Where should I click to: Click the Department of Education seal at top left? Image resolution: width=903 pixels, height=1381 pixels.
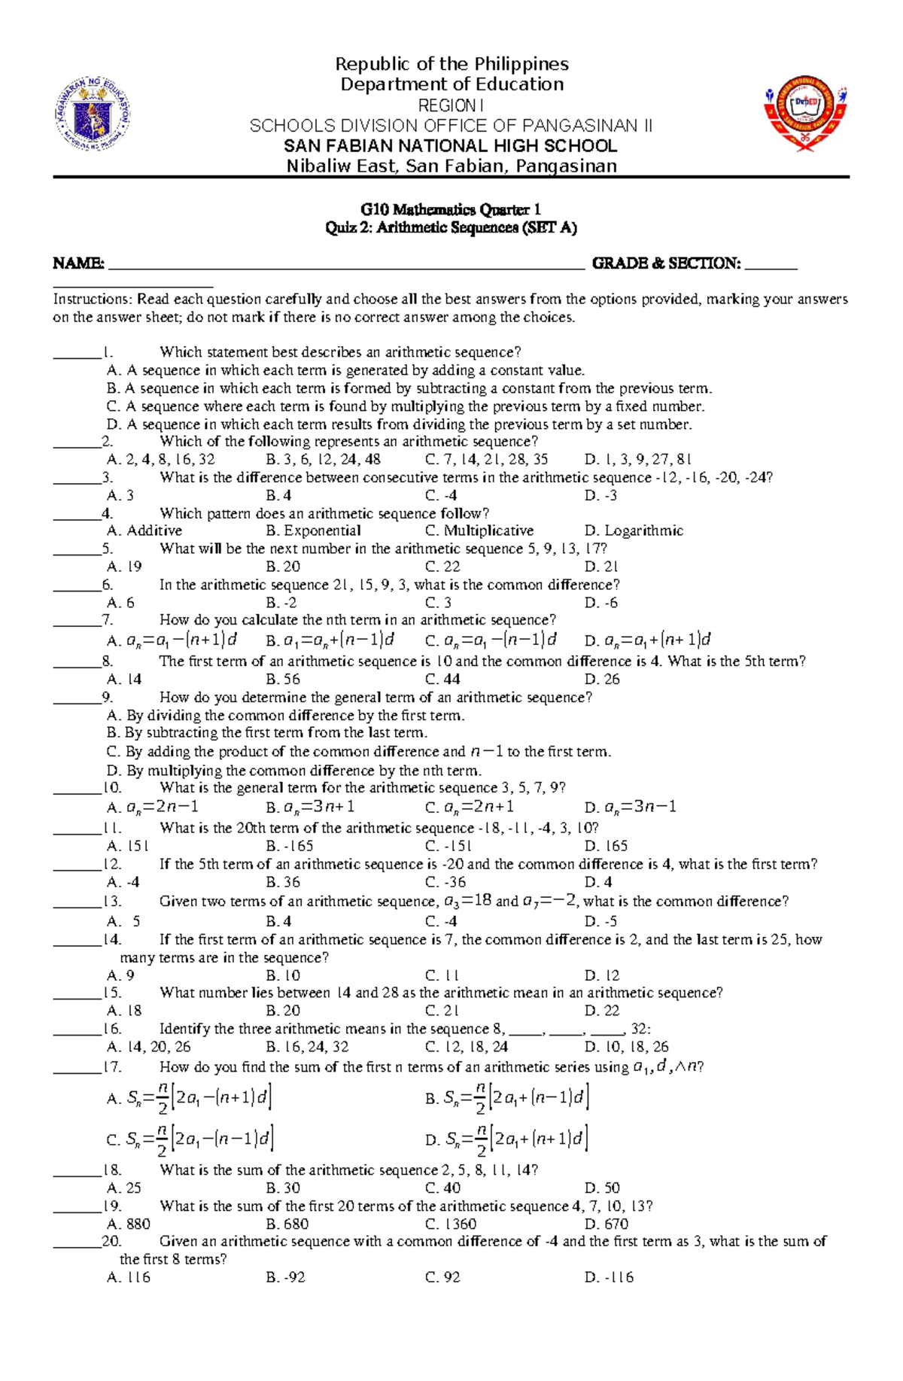(x=94, y=115)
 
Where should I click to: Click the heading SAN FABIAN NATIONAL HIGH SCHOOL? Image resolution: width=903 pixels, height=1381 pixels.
(x=451, y=146)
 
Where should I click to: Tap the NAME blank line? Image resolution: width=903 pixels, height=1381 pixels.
(x=346, y=265)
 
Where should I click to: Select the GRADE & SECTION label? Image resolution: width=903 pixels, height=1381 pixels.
(x=666, y=263)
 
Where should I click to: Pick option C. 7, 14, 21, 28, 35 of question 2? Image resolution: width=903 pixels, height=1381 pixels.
(x=486, y=460)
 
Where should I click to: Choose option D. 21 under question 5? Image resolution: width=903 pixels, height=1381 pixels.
(x=601, y=567)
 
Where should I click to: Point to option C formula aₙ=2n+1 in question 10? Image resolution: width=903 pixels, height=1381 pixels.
(x=470, y=808)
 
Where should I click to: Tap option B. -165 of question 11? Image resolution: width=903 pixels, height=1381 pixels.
(x=289, y=847)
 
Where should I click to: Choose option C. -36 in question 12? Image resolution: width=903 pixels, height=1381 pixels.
(x=445, y=883)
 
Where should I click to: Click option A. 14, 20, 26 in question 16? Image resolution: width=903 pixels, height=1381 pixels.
(x=149, y=1047)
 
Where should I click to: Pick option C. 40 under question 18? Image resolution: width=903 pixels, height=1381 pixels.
(x=442, y=1188)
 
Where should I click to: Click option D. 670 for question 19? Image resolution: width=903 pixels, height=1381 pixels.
(x=606, y=1224)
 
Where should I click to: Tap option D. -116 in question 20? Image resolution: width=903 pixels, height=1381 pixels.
(x=609, y=1278)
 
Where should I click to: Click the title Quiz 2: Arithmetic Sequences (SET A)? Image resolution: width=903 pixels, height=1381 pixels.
(x=451, y=228)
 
